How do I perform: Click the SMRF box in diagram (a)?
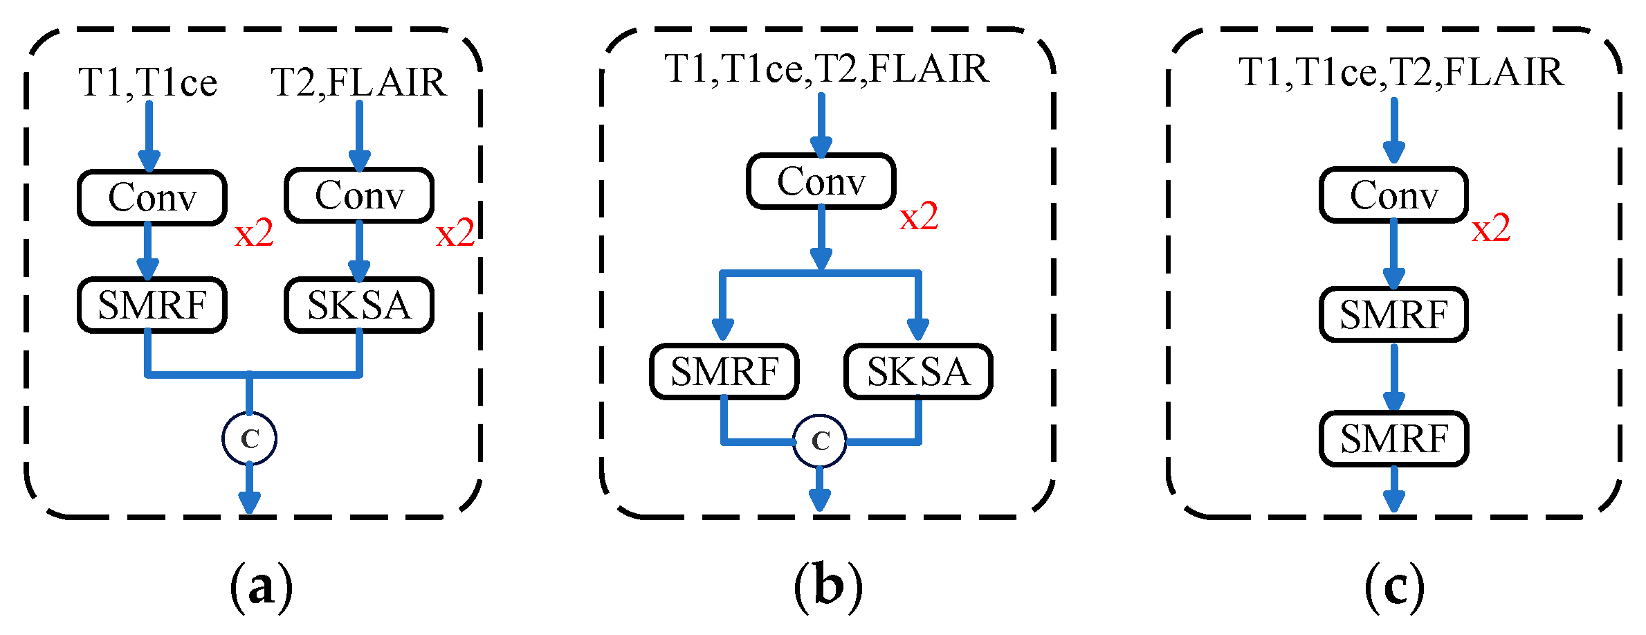point(152,305)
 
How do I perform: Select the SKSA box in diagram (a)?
point(359,305)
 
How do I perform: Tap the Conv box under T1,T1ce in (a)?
point(152,197)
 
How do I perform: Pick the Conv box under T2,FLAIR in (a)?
point(359,195)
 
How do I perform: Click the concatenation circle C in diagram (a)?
point(249,438)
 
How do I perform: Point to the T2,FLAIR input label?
point(358,82)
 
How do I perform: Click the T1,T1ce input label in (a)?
point(148,83)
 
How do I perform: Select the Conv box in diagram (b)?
point(821,181)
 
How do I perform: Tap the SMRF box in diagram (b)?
point(724,372)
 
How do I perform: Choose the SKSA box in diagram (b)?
point(918,372)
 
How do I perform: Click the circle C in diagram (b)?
point(820,441)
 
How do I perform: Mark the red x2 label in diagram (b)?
point(919,217)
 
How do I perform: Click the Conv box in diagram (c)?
point(1393,195)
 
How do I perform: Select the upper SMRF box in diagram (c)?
point(1393,315)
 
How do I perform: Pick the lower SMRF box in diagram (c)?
point(1393,438)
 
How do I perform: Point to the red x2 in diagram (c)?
point(1491,229)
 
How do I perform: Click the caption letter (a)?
point(261,587)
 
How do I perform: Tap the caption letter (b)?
point(828,587)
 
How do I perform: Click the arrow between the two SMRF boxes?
point(1393,377)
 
